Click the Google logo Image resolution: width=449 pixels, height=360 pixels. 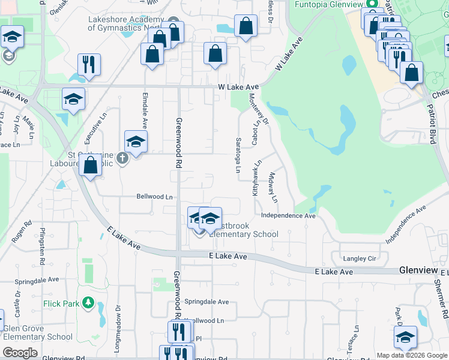(x=20, y=353)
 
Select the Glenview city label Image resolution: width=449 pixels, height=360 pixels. (x=418, y=271)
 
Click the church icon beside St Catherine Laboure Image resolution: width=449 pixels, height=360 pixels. (x=122, y=159)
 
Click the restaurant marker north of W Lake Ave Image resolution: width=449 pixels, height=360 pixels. (x=89, y=65)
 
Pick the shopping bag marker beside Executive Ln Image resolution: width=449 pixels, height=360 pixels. (x=90, y=166)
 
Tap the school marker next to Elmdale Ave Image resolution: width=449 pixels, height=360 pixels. (x=136, y=142)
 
